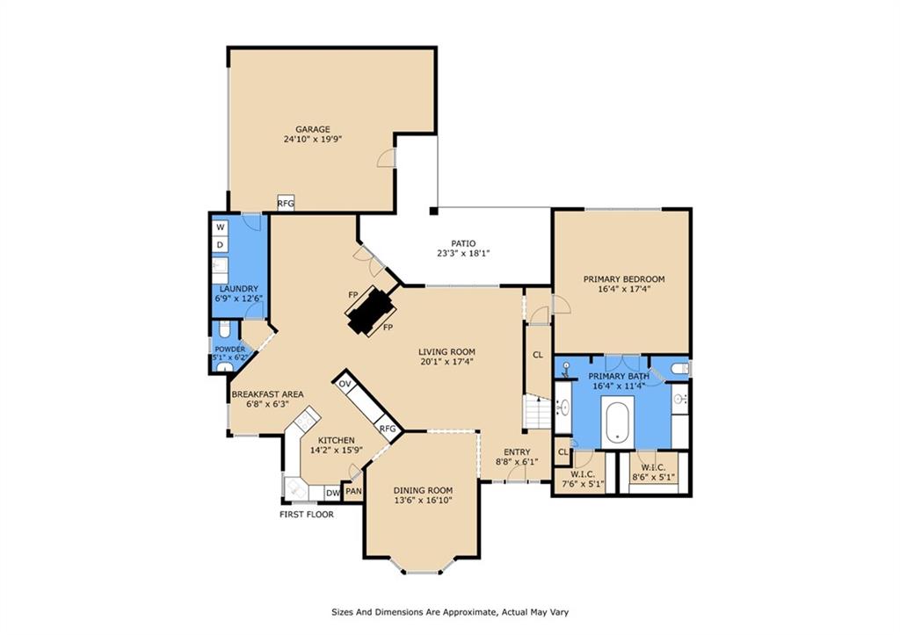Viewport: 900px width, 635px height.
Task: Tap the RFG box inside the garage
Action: (x=286, y=203)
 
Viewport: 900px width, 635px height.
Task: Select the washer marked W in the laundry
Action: (x=220, y=227)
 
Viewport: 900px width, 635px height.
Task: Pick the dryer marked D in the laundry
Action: (x=220, y=244)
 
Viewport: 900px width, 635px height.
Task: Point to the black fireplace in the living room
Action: (x=369, y=310)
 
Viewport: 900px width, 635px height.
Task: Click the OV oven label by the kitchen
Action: (x=345, y=385)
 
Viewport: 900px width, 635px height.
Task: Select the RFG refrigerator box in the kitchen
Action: (x=388, y=429)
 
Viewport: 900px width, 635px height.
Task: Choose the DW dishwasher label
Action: (x=332, y=493)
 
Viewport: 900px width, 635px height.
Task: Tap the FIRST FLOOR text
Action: (x=307, y=514)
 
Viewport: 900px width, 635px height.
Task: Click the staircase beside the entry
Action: (x=537, y=411)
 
